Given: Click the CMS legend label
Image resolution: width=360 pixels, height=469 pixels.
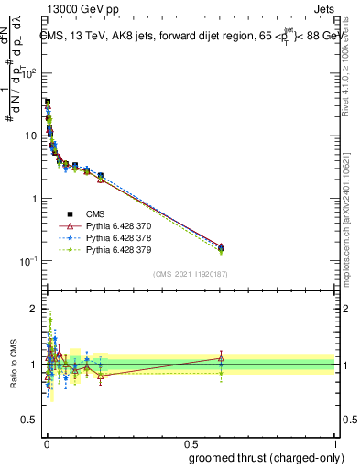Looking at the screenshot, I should tap(95, 213).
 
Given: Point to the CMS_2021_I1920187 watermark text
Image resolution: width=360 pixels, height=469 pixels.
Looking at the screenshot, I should tap(190, 274).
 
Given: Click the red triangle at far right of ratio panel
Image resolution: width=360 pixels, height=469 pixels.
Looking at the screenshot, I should tap(221, 358).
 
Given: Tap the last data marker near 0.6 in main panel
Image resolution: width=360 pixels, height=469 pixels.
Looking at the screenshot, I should tap(221, 247).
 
